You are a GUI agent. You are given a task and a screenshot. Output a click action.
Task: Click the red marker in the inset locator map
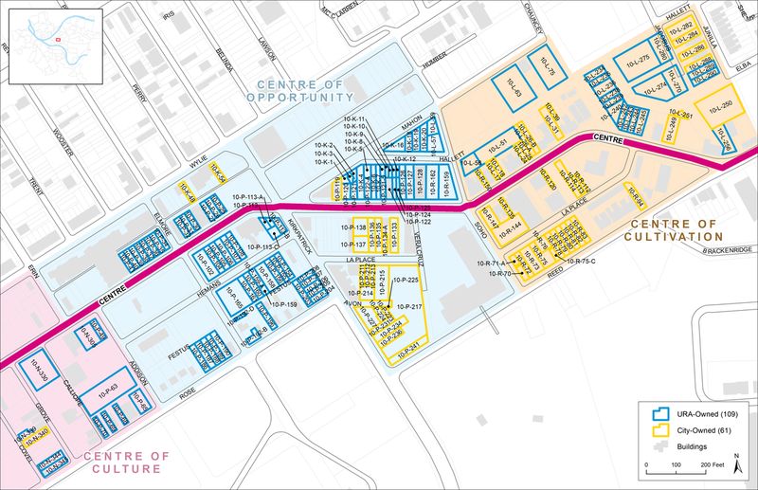59,39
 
